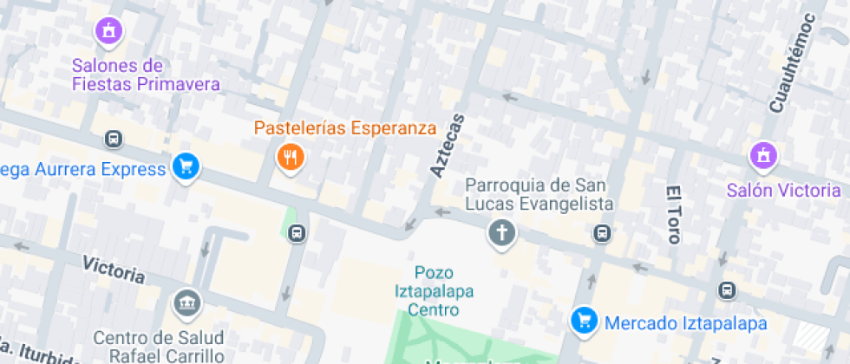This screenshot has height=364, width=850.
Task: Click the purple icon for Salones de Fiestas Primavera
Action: [108, 30]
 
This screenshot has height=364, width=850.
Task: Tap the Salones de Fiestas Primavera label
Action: [146, 75]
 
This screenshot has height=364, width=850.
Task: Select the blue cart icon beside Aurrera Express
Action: [186, 166]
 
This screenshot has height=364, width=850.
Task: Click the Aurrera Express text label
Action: [82, 168]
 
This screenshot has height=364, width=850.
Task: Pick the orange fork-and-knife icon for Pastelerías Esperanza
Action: [289, 157]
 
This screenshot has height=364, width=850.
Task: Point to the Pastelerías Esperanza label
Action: [344, 128]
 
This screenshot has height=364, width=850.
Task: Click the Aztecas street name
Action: [448, 145]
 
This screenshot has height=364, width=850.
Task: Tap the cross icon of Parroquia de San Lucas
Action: [501, 232]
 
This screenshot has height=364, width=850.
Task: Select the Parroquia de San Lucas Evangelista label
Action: [539, 194]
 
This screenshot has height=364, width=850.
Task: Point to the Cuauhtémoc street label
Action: [792, 62]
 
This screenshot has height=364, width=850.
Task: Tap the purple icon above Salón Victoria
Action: [763, 156]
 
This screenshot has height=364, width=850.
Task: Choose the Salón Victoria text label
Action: [783, 190]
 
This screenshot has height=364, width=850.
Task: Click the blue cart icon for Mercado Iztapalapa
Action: [585, 321]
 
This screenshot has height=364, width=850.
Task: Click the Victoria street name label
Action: [114, 269]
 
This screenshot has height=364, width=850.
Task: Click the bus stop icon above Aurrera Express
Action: [113, 139]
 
